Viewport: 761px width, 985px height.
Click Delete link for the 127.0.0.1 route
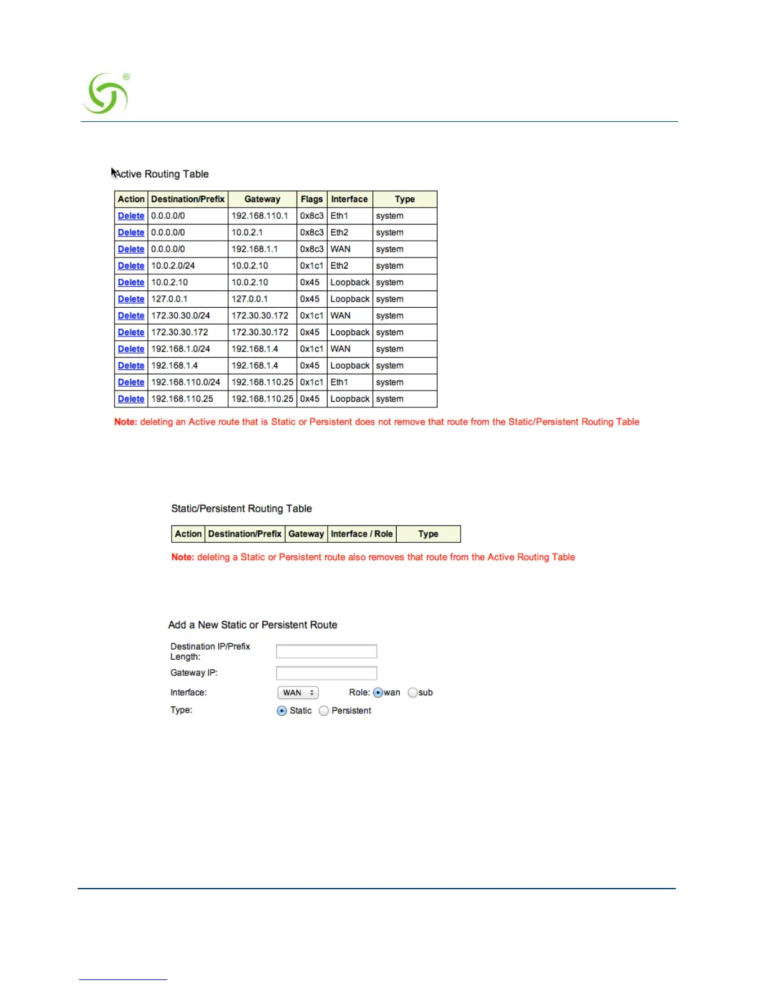pos(131,299)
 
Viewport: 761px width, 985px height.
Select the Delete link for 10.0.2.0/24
pos(131,266)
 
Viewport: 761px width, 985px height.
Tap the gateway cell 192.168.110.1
pos(260,216)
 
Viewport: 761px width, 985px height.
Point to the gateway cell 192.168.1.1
pos(255,249)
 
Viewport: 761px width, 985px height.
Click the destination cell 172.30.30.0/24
pos(181,315)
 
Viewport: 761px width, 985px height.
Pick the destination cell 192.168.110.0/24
pos(186,382)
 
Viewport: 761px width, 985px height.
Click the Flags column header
pos(311,199)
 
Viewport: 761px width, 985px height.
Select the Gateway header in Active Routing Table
pos(262,199)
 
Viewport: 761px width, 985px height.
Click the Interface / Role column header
pos(362,534)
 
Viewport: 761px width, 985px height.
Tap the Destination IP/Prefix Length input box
pos(326,651)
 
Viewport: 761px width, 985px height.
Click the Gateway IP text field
pos(326,673)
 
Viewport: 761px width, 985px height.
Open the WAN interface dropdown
pos(298,692)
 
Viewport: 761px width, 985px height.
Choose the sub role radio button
pos(412,692)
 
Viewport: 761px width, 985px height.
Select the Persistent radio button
pos(324,711)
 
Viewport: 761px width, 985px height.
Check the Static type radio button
pos(282,711)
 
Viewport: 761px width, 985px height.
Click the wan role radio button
pos(378,692)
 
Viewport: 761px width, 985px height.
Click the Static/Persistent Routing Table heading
pos(241,509)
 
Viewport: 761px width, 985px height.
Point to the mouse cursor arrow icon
pos(114,172)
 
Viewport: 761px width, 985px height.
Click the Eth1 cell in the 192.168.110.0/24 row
pos(339,382)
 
